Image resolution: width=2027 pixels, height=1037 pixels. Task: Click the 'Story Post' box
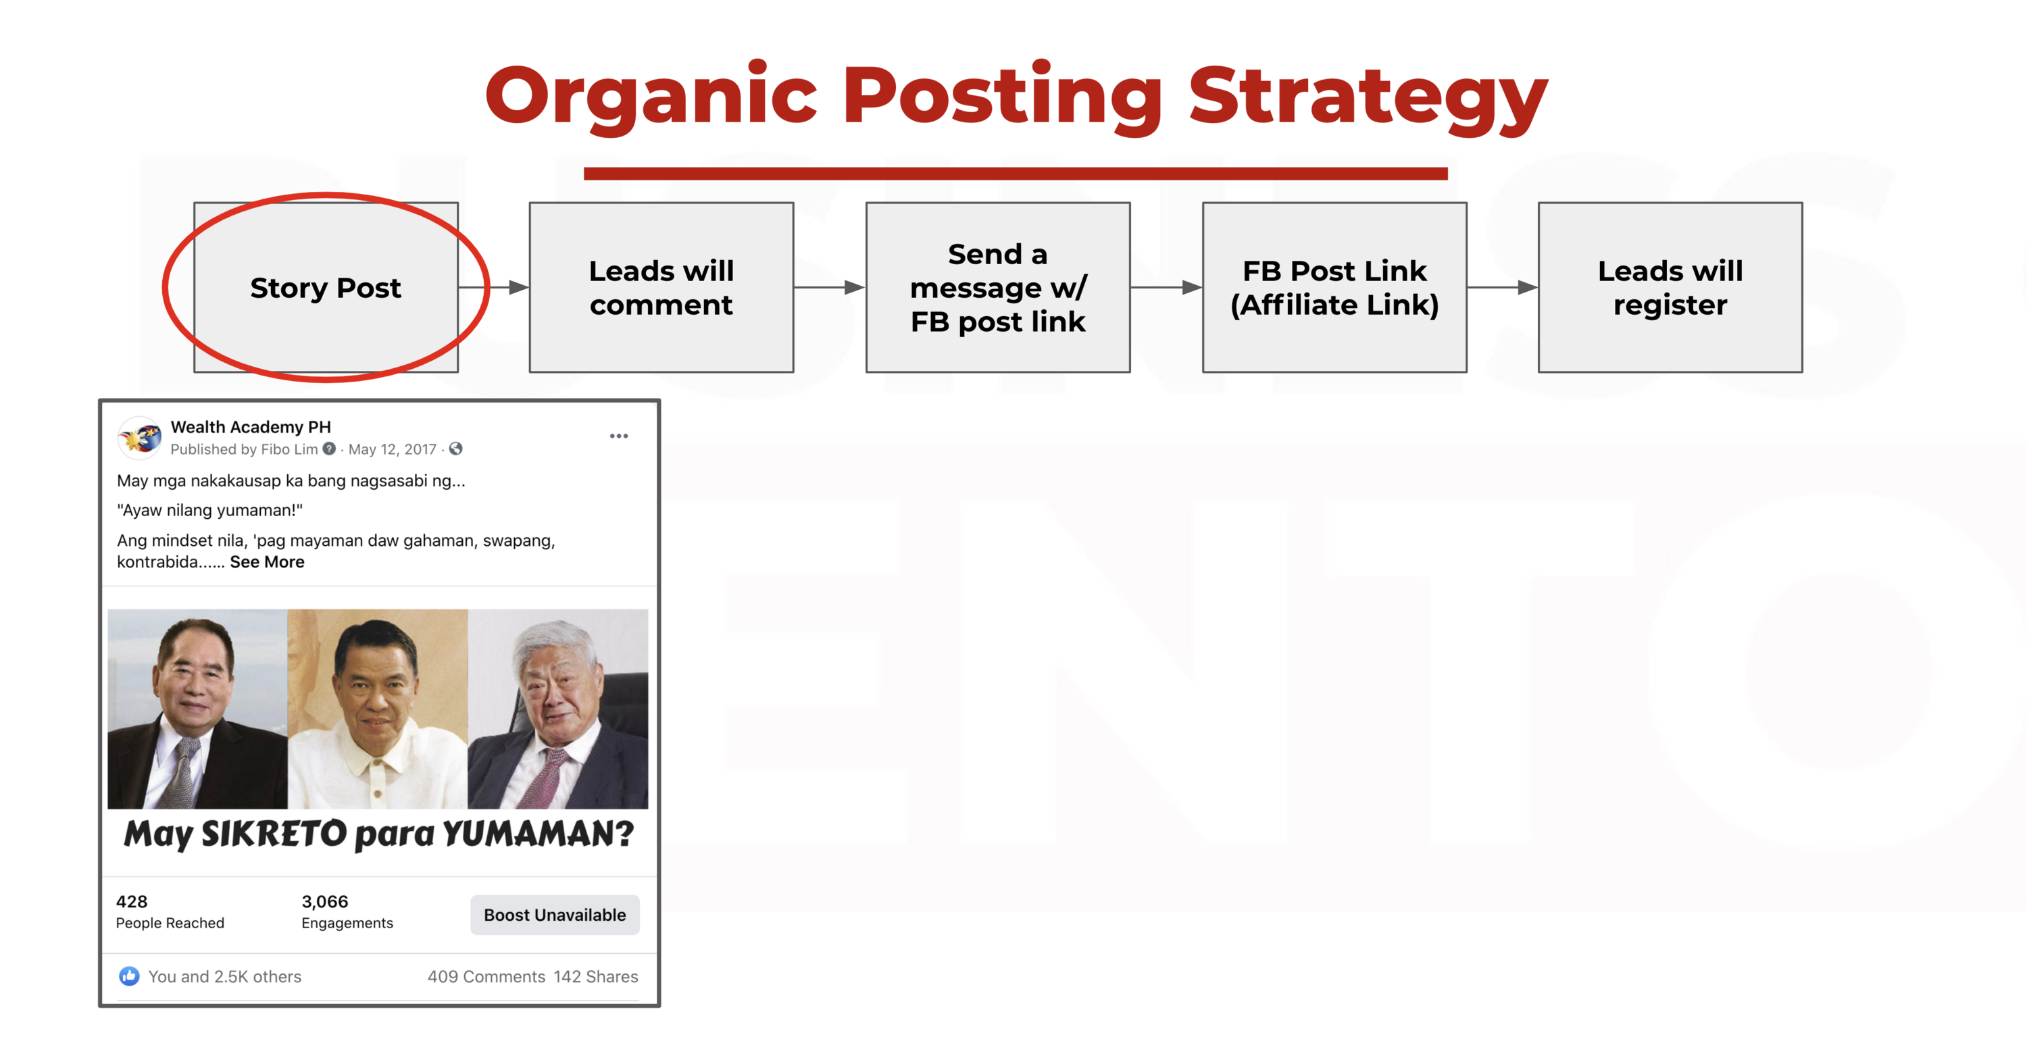pos(326,287)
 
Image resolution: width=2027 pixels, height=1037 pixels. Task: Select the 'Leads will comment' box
pos(661,287)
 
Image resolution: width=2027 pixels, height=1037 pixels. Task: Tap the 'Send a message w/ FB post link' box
pos(998,287)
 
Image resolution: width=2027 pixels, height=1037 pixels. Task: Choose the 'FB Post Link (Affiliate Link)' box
pos(1334,287)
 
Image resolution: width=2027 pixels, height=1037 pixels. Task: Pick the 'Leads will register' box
pos(1670,287)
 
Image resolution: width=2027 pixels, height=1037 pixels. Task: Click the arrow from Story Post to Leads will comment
pos(493,287)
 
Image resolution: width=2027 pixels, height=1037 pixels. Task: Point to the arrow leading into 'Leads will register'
pos(1502,287)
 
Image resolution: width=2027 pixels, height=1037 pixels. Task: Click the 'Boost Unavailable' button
pos(555,915)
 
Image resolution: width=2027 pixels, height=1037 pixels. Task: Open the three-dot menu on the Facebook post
pos(618,436)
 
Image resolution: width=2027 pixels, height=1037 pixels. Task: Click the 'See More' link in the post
pos(267,562)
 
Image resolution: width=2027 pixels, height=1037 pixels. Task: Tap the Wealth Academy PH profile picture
pos(140,438)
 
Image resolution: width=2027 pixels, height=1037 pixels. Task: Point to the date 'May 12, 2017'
pos(392,449)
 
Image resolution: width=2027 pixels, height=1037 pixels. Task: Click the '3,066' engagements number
pos(324,902)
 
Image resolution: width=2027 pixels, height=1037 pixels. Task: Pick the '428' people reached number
pos(131,902)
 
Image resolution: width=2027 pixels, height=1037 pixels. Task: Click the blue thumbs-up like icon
pos(129,976)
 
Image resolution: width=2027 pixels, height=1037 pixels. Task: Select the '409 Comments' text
pos(486,976)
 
